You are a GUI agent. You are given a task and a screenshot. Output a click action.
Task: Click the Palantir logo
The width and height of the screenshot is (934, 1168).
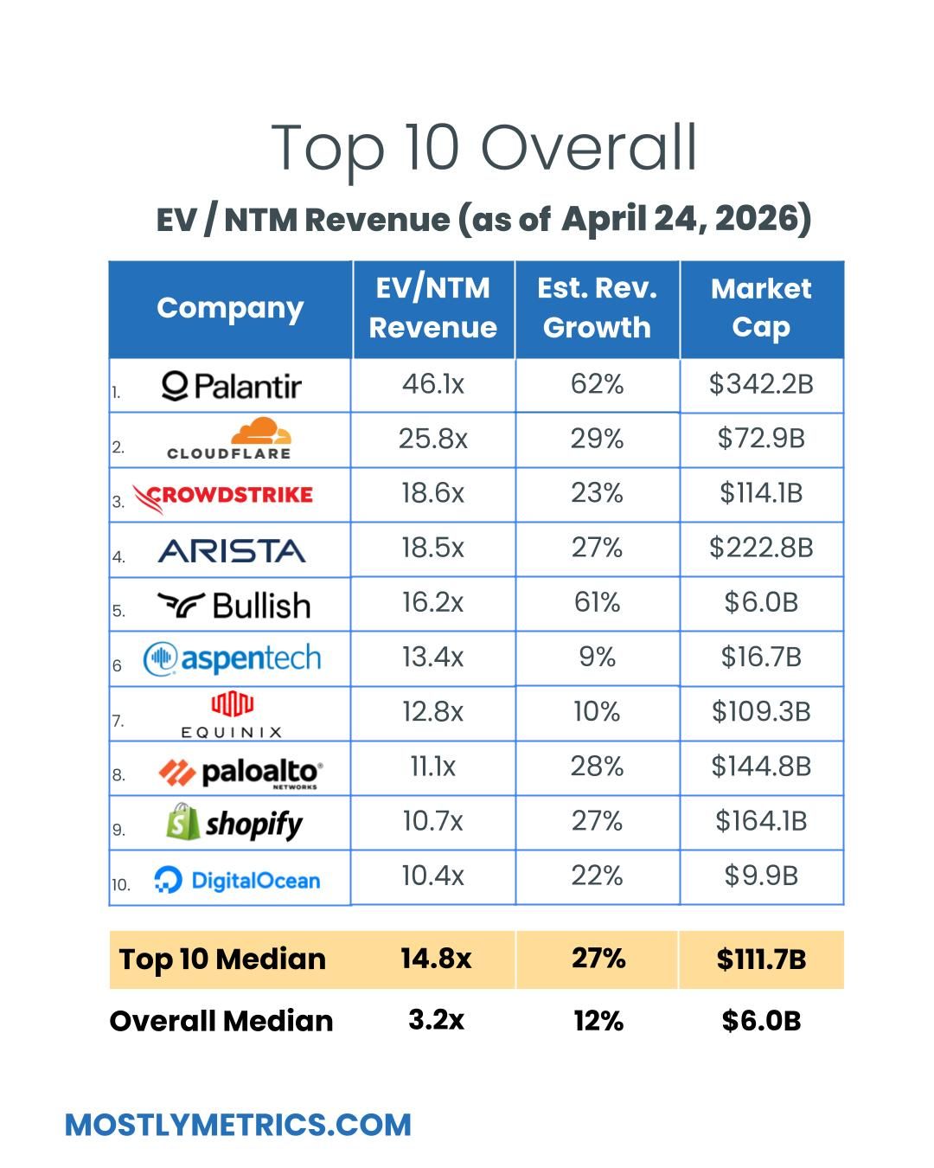coord(232,386)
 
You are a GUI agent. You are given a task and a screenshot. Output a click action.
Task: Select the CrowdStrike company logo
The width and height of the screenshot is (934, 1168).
coord(223,496)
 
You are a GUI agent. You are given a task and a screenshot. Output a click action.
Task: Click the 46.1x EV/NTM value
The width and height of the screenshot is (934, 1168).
coord(432,383)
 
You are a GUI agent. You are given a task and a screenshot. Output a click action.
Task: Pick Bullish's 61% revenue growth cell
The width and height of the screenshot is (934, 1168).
coord(597,602)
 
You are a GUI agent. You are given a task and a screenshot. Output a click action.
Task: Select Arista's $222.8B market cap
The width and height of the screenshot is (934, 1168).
coord(761,548)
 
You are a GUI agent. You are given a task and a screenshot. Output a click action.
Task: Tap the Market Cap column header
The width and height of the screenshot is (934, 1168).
coord(761,308)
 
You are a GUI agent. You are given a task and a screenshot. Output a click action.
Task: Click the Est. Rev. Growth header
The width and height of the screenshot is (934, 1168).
coord(597,308)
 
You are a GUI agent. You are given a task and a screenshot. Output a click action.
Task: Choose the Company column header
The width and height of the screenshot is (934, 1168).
coord(230,308)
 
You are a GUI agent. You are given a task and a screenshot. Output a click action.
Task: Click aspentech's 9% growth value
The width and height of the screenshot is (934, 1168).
coord(597,657)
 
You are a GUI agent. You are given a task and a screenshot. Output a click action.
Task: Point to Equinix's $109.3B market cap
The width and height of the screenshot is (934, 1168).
coord(761,711)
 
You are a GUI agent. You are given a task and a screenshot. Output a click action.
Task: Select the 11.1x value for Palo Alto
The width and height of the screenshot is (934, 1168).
coord(432,767)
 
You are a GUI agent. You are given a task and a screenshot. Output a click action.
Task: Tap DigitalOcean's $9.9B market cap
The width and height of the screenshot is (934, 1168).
coord(761,876)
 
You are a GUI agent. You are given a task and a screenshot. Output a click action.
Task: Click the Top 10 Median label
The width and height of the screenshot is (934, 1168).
coord(222,959)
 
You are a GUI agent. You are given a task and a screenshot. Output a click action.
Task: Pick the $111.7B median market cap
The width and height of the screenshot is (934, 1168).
coord(761,959)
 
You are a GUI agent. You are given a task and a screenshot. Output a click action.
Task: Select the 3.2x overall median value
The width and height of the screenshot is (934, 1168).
coord(436,1020)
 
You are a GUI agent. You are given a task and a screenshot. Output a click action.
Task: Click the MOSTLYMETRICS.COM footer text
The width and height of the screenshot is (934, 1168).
coord(238,1125)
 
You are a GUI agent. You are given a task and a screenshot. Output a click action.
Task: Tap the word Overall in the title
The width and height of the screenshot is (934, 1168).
coord(588,147)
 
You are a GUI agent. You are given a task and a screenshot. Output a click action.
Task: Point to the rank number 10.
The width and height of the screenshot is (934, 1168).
coord(120,885)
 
